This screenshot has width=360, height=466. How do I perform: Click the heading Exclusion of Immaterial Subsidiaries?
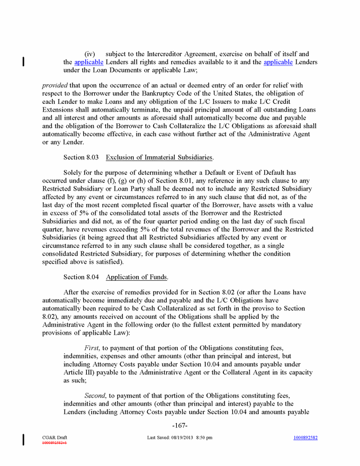click(160, 157)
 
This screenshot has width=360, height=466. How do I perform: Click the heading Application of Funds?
click(137, 277)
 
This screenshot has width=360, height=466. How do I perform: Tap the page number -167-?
click(180, 426)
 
